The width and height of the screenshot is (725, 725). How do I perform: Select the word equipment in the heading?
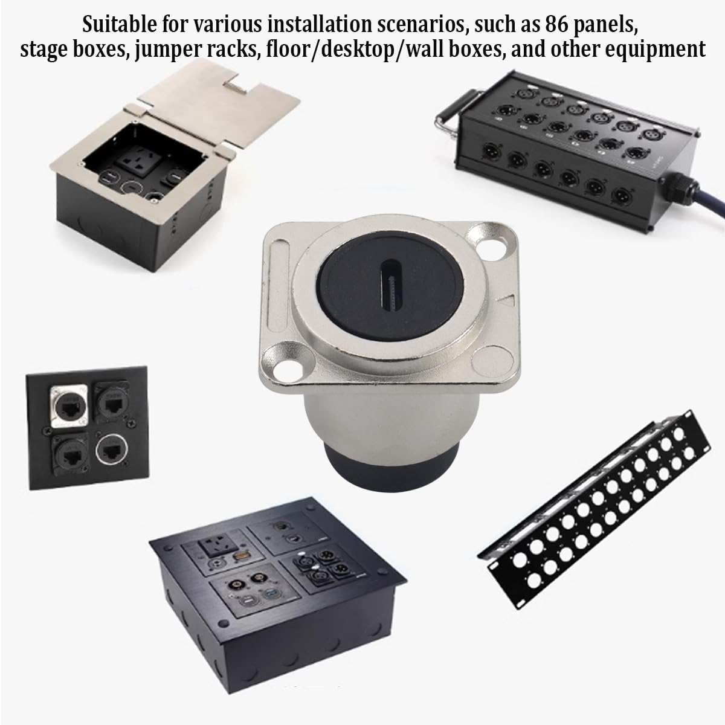coord(655,50)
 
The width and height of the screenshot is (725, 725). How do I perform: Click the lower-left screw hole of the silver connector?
coord(284,369)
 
